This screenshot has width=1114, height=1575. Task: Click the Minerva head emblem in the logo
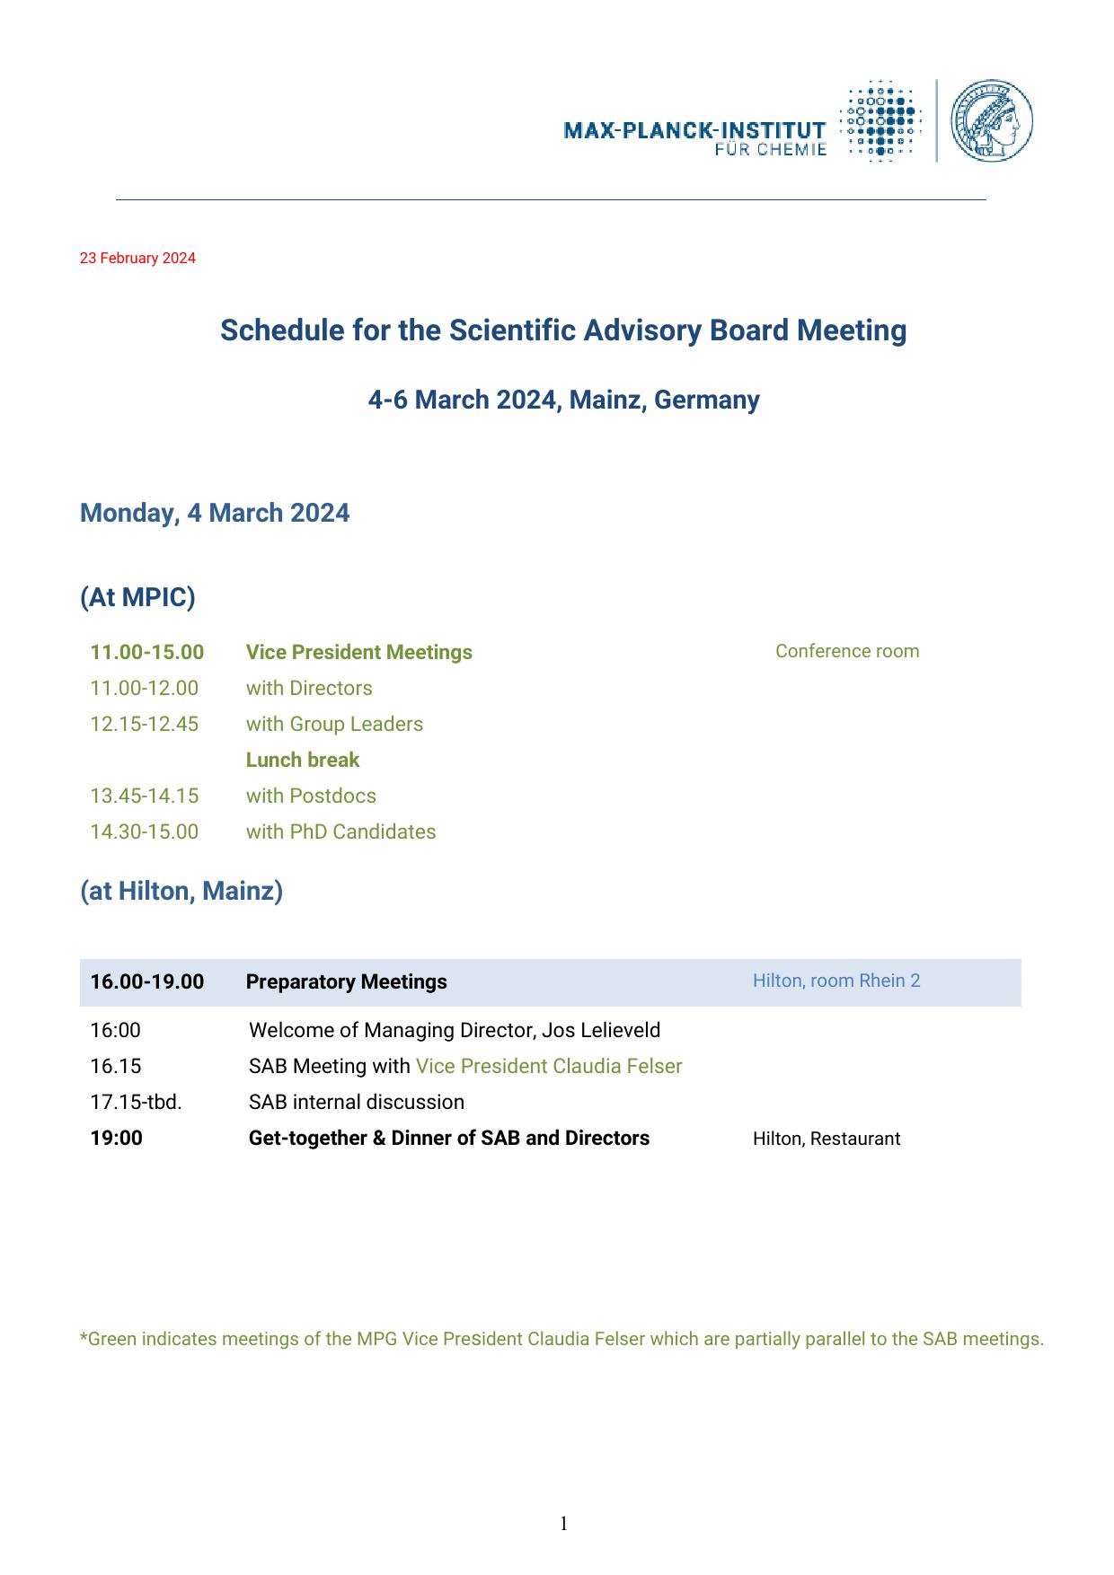pyautogui.click(x=991, y=120)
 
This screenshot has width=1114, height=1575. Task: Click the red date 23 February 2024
pyautogui.click(x=137, y=259)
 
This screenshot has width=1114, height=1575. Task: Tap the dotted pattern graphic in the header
pyautogui.click(x=880, y=120)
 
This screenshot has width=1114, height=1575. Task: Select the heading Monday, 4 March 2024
pyautogui.click(x=215, y=513)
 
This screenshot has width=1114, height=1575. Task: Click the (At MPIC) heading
pyautogui.click(x=137, y=597)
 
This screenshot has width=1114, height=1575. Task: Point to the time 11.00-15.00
pyautogui.click(x=146, y=652)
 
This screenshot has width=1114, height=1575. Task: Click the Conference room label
pyautogui.click(x=847, y=651)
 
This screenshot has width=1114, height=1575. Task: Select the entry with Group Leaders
pyautogui.click(x=334, y=724)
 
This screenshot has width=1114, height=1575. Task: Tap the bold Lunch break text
pyautogui.click(x=302, y=760)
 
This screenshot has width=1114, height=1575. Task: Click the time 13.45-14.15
pyautogui.click(x=144, y=796)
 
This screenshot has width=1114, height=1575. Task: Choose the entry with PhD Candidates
pyautogui.click(x=340, y=831)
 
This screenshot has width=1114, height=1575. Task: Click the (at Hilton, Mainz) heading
pyautogui.click(x=181, y=891)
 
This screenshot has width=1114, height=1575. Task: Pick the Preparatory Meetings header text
pyautogui.click(x=346, y=981)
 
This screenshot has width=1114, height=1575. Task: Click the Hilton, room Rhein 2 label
pyautogui.click(x=836, y=981)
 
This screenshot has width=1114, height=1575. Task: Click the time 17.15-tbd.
pyautogui.click(x=136, y=1102)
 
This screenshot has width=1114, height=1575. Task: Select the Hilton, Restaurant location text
pyautogui.click(x=826, y=1139)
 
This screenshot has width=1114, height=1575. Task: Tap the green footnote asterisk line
pyautogui.click(x=561, y=1339)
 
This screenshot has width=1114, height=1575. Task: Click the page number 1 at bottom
pyautogui.click(x=563, y=1523)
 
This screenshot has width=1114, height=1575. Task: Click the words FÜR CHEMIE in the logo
pyautogui.click(x=770, y=150)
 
